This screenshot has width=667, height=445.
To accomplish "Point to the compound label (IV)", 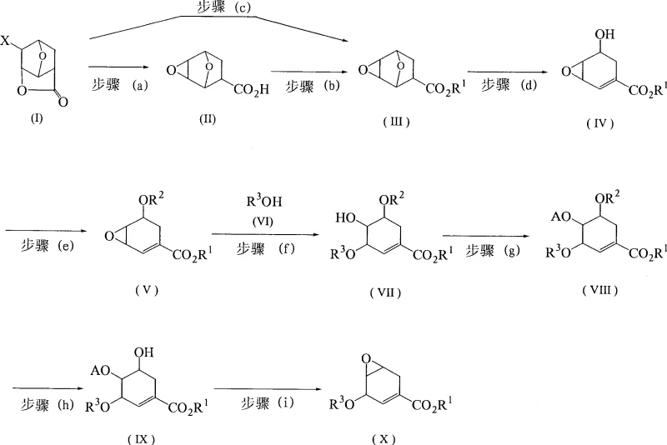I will coord(598,122).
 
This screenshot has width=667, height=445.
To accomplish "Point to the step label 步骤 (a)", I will coord(119,84).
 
